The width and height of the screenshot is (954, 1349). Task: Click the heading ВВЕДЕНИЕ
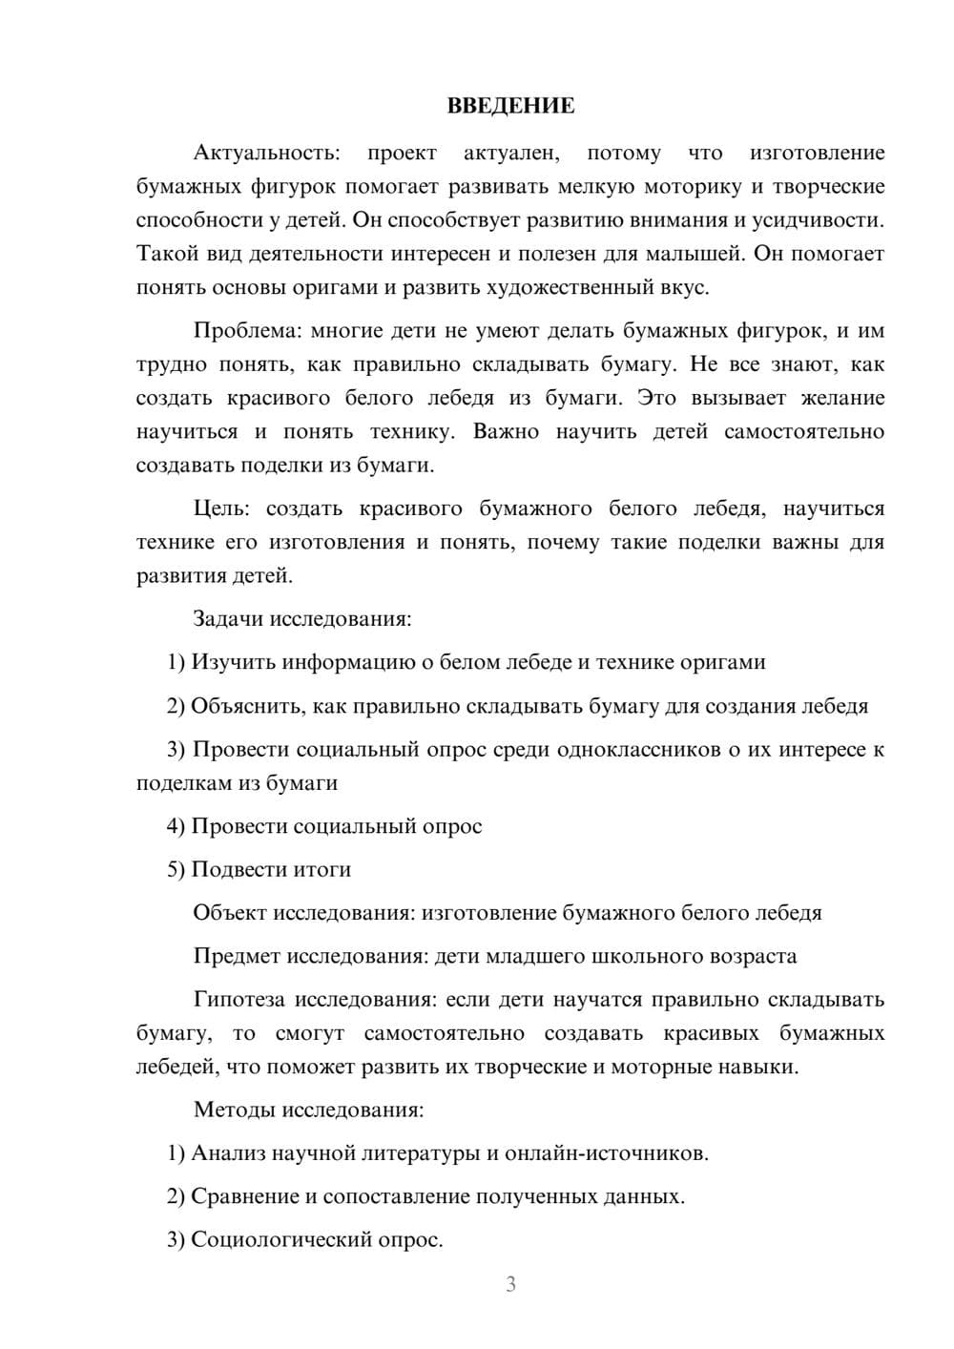[x=510, y=106]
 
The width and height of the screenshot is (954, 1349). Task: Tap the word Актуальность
[x=266, y=154]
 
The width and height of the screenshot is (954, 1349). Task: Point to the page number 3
[x=510, y=1284]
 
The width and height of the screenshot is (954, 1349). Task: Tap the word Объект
[x=230, y=913]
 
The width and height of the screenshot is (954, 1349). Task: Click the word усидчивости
[x=819, y=220]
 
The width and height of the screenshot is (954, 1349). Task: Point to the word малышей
[x=699, y=254]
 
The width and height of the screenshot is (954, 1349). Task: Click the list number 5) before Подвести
[x=176, y=870]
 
